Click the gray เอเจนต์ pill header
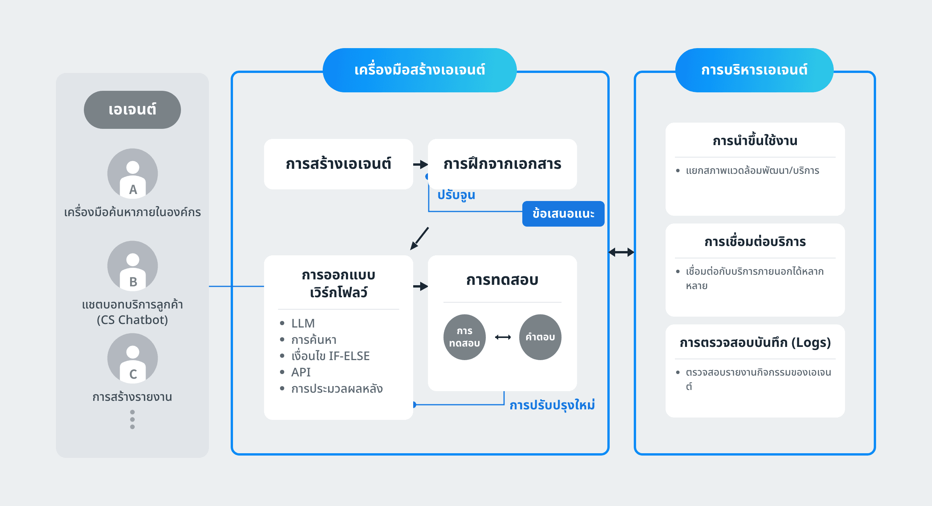pos(132,110)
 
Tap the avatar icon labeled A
pos(133,173)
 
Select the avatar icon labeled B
pos(133,266)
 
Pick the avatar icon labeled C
pos(133,358)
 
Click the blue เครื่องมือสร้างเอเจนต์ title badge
pos(420,70)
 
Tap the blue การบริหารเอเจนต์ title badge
pos(755,70)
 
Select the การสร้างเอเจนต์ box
pos(339,164)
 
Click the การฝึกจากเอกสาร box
pos(503,164)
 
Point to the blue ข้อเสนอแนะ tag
pos(563,214)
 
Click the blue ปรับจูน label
pos(456,195)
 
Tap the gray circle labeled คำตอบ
pos(540,337)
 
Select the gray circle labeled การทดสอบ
pos(464,337)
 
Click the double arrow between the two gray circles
pos(503,337)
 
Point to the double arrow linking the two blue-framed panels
pos(621,252)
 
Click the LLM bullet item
pos(303,323)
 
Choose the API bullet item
pos(301,372)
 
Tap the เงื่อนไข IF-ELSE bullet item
pos(330,356)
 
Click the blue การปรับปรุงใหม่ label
pos(552,405)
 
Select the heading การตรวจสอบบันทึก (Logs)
pos(755,343)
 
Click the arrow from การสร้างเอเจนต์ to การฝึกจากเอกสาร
pos(421,165)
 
